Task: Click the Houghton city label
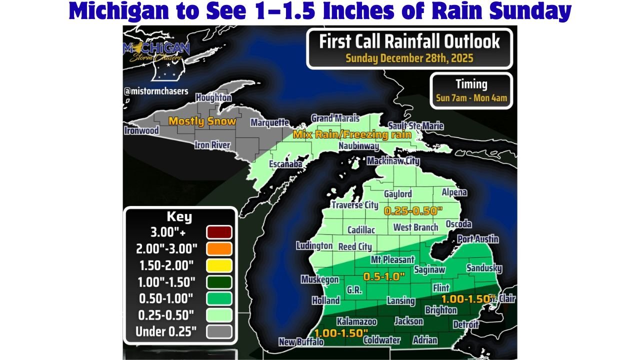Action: point(213,97)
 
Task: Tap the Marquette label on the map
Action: point(269,122)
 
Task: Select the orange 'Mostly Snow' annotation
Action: point(202,121)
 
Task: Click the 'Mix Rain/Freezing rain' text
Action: point(352,134)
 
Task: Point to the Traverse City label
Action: point(354,205)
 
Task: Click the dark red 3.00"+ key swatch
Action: point(218,232)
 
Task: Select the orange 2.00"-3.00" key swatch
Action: point(218,248)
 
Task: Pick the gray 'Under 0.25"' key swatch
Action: point(218,331)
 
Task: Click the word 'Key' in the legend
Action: point(179,217)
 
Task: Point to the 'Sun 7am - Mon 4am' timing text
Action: point(471,98)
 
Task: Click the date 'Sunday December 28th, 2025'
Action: point(409,57)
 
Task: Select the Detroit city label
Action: point(465,325)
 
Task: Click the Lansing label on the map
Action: point(400,300)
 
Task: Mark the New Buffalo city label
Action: point(301,342)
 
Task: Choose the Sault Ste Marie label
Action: point(416,126)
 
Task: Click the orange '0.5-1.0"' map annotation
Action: point(383,276)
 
